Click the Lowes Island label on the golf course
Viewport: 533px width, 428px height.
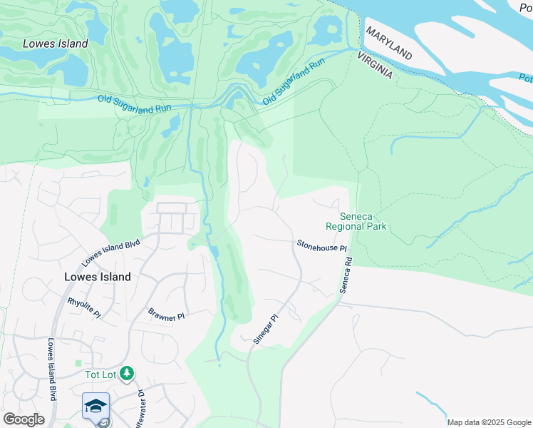point(56,44)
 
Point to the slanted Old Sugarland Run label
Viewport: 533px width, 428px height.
point(293,83)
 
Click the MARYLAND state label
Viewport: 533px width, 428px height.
point(389,44)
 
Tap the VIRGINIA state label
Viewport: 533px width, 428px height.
point(375,65)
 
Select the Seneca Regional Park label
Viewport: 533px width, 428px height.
point(356,221)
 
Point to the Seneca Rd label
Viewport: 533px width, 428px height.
point(346,272)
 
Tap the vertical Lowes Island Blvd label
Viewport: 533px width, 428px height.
point(51,369)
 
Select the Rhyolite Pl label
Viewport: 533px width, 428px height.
point(85,307)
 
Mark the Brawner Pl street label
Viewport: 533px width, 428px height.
point(166,314)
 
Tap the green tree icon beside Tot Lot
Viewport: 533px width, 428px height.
point(126,373)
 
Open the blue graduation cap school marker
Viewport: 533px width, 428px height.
point(95,406)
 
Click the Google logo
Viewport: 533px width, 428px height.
point(24,419)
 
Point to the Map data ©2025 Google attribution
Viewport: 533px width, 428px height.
point(488,422)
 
